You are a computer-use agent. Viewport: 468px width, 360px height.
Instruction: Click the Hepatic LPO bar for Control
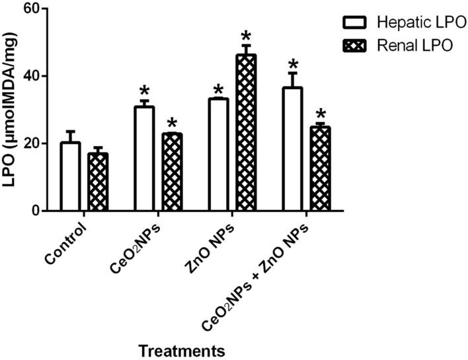tap(71, 176)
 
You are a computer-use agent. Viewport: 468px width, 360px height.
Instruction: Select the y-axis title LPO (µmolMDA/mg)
tap(11, 109)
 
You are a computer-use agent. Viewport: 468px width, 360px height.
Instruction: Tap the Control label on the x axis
tap(67, 244)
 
